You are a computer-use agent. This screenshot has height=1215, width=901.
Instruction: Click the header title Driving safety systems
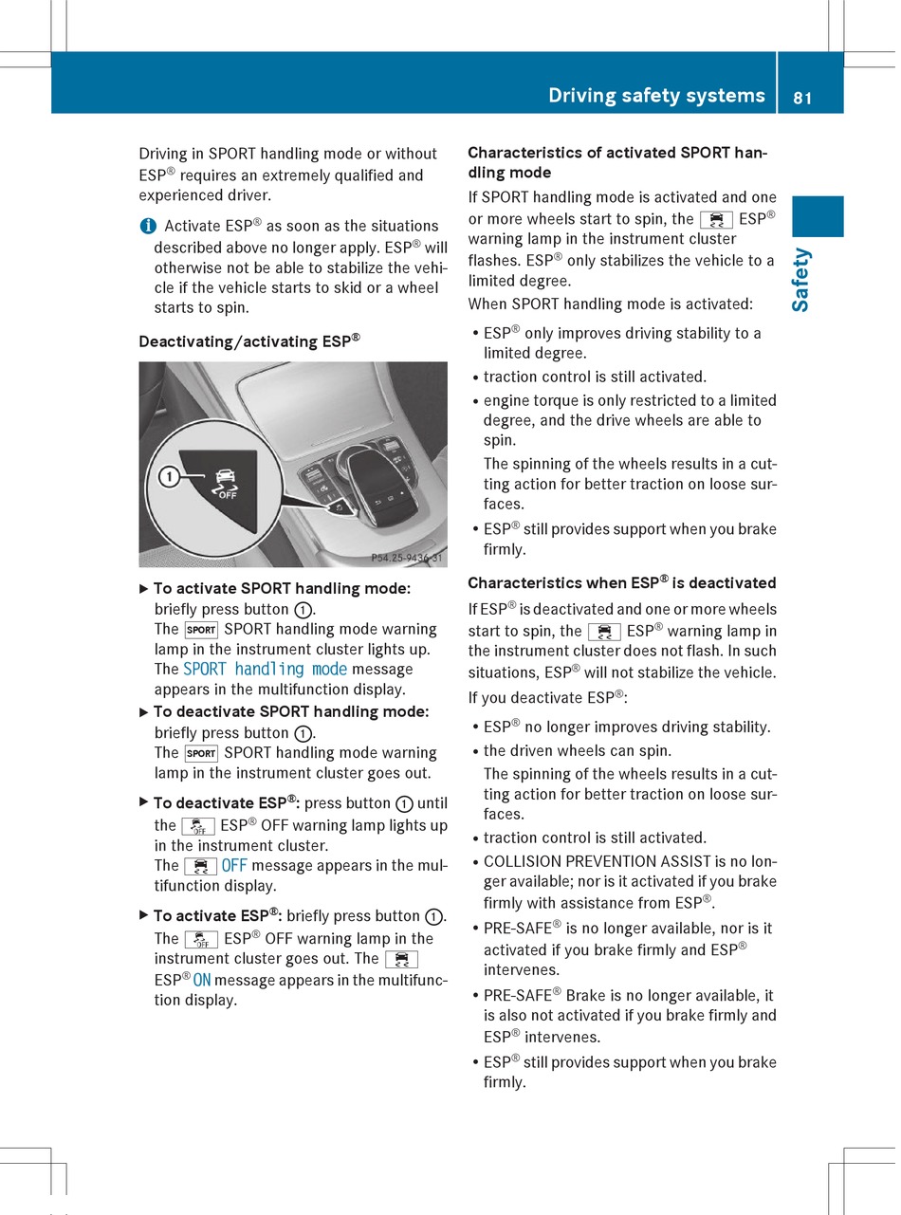tap(656, 95)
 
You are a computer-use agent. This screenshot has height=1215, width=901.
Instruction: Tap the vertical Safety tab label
tap(801, 279)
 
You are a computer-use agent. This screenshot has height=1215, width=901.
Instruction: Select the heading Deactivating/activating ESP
tap(249, 341)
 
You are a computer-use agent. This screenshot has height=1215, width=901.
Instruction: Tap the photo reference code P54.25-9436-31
tap(406, 559)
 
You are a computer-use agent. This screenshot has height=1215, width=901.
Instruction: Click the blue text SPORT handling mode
tap(265, 669)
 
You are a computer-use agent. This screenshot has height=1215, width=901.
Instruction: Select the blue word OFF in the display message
tap(234, 865)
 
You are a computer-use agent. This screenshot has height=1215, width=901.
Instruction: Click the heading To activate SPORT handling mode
tap(282, 588)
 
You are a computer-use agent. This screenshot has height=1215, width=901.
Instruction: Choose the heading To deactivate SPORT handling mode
tap(290, 711)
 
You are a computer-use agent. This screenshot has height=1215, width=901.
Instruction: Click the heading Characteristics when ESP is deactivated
tap(621, 582)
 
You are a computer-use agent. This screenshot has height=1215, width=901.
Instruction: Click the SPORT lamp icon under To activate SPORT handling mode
tap(201, 630)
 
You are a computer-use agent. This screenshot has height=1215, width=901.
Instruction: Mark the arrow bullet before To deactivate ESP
tap(143, 802)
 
